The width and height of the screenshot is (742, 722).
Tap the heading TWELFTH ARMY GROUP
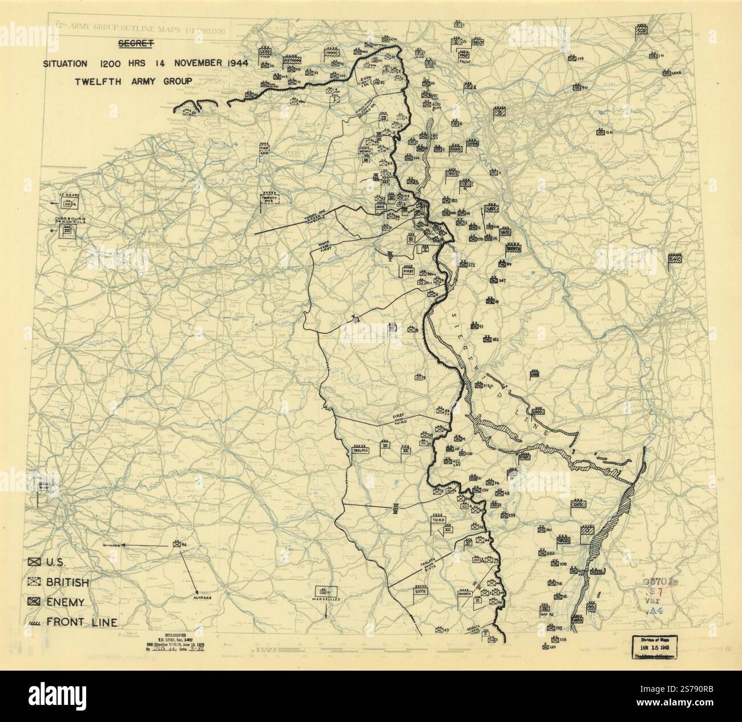(x=134, y=80)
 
